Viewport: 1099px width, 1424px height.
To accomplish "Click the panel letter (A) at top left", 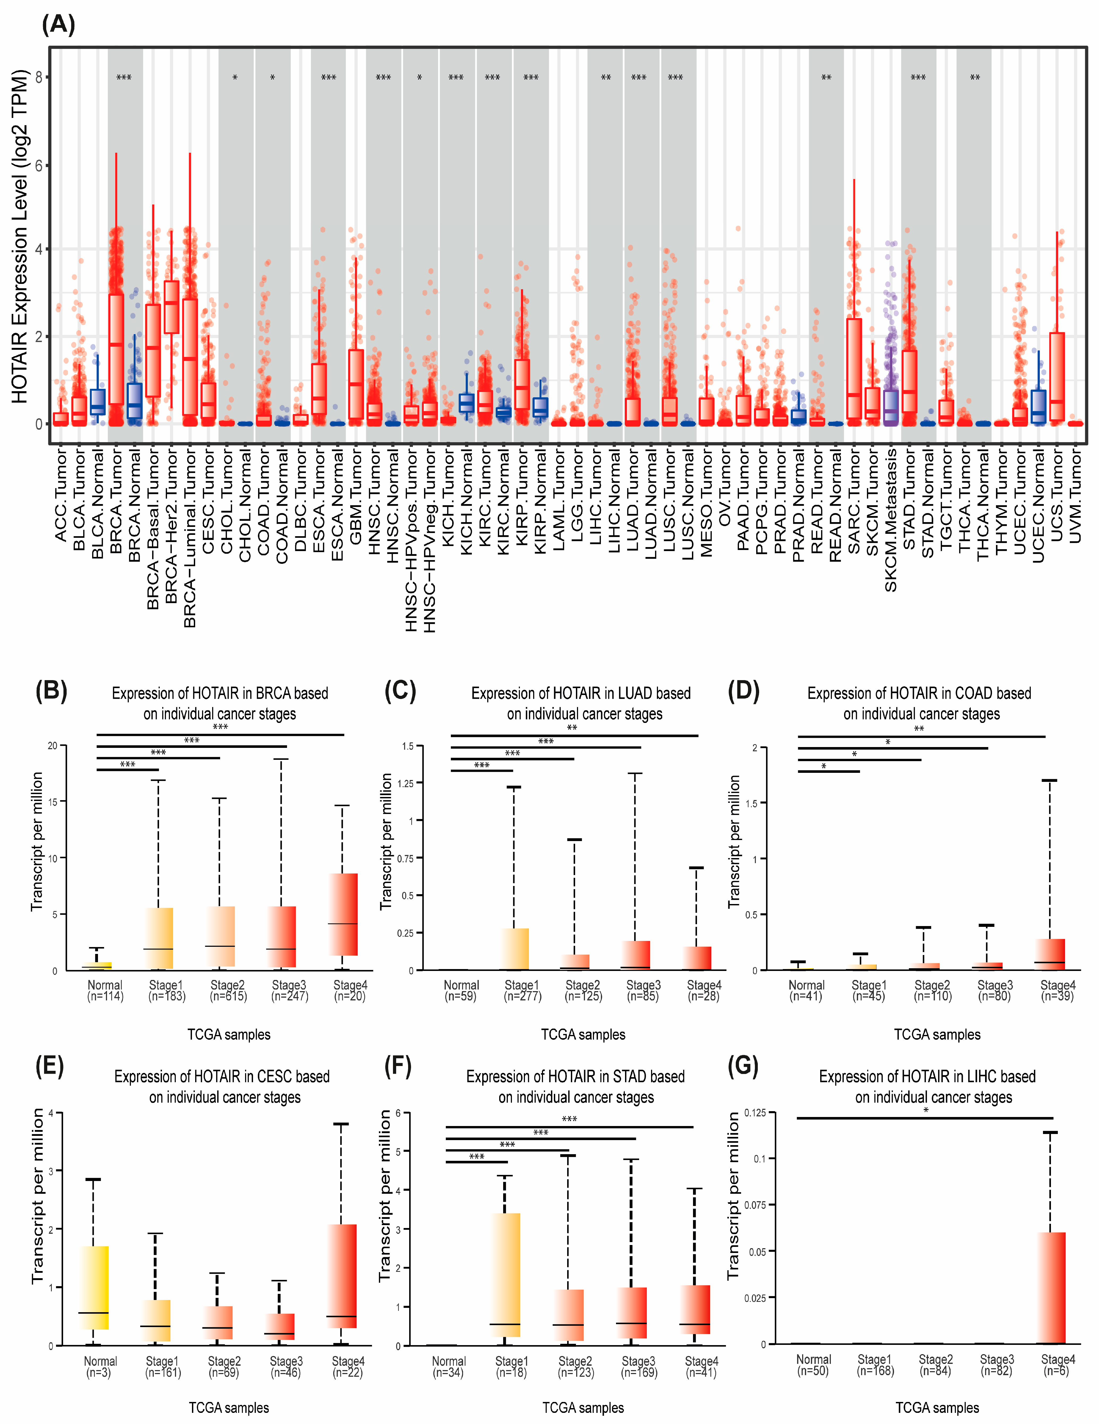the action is [59, 25].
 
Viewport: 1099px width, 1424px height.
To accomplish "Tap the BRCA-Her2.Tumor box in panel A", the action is [172, 307].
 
